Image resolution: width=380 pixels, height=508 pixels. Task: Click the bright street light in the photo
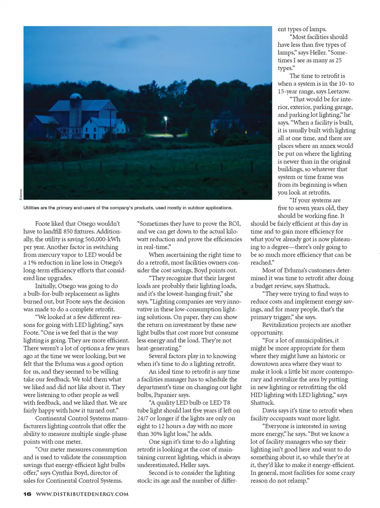coord(165,118)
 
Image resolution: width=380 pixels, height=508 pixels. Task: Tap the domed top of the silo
coord(75,96)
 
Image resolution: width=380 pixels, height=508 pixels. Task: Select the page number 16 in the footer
coord(27,494)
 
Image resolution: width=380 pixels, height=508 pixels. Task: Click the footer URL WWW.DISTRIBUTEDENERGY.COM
coord(82,494)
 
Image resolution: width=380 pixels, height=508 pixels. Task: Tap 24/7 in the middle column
coord(143,418)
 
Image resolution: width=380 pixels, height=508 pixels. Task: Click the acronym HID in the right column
coord(257,395)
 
